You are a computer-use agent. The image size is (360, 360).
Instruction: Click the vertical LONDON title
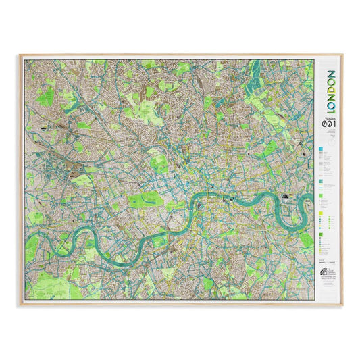pyautogui.click(x=330, y=91)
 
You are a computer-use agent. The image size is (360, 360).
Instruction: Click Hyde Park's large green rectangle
pyautogui.click(x=150, y=200)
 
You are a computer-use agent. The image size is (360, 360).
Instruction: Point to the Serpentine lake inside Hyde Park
pyautogui.click(x=149, y=201)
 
